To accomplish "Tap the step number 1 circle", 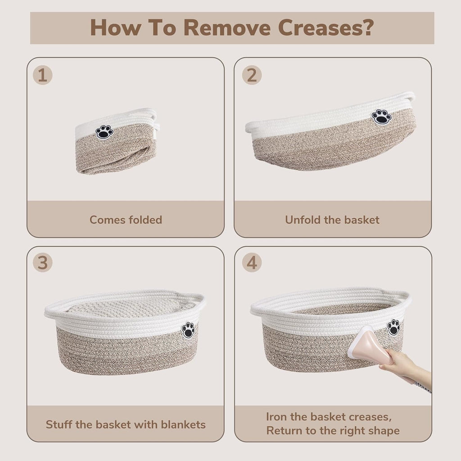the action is click(43, 75).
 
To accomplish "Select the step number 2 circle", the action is click(252, 75).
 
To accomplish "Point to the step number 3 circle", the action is click(43, 262).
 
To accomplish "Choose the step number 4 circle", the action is click(252, 262).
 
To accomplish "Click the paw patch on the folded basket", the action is click(104, 132).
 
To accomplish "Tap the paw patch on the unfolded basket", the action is click(381, 117).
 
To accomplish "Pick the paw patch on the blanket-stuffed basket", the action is click(188, 330).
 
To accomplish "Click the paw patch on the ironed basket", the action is click(393, 327).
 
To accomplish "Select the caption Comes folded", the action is click(126, 220).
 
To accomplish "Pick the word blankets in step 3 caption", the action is click(183, 425).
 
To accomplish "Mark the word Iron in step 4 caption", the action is click(276, 416).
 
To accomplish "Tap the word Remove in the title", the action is click(227, 28).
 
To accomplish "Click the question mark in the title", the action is click(368, 28).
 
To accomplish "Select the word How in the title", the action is click(115, 28).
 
